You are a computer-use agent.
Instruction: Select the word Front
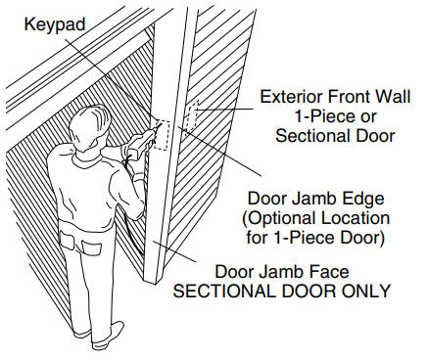coord(357,97)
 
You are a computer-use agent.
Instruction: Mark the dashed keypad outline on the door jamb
coord(162,129)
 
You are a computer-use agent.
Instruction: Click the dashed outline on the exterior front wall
coord(192,116)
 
